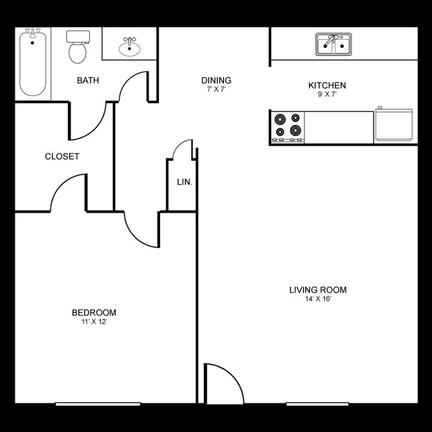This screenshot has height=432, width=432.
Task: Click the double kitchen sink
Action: point(334,45)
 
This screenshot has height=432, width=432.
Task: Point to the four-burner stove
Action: point(288,126)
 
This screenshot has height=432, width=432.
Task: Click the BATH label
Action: point(88,81)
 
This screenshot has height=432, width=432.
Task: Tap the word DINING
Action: point(216,80)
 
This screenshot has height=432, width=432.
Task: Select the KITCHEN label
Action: point(327,86)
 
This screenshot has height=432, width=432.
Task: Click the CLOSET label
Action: point(62,157)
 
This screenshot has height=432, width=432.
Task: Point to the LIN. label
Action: point(184,182)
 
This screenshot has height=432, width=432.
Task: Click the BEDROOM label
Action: point(94,312)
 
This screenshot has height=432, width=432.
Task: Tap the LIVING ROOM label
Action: point(318,290)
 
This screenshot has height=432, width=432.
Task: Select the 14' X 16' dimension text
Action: point(318,299)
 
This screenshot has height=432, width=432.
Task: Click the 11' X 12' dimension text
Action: point(94,322)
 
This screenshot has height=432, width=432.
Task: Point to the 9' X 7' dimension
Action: point(327,95)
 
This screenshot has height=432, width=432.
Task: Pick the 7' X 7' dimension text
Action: point(216,90)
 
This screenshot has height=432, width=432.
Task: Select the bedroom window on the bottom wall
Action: point(98,403)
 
